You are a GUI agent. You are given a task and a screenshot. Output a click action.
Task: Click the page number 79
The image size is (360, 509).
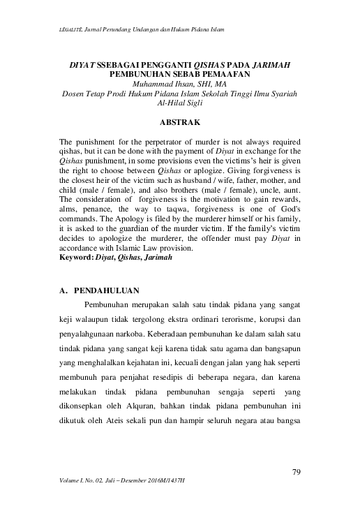(x=296, y=473)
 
